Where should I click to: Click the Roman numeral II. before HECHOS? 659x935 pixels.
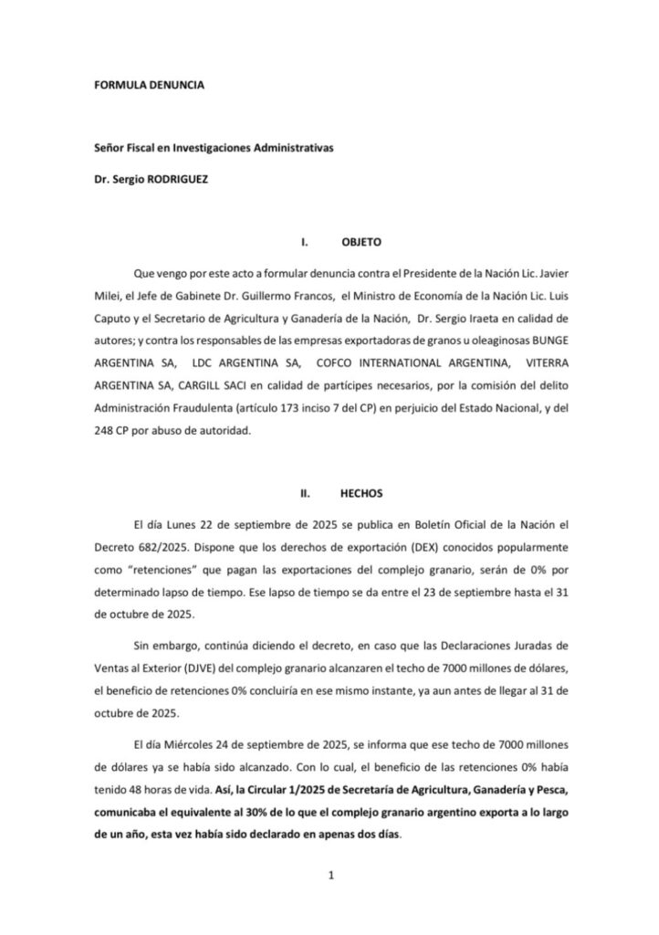pos(308,492)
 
